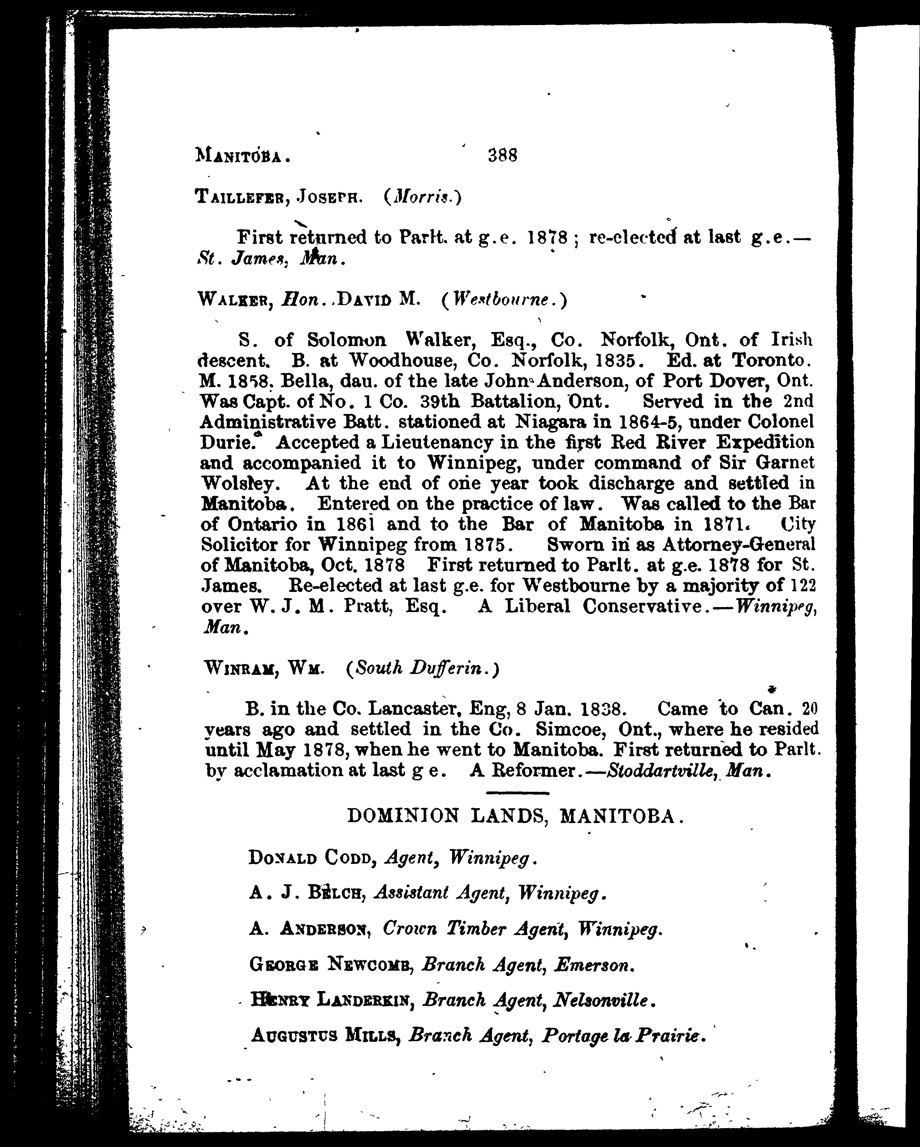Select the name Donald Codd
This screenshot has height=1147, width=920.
click(312, 858)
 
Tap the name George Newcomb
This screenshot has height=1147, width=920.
click(330, 964)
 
